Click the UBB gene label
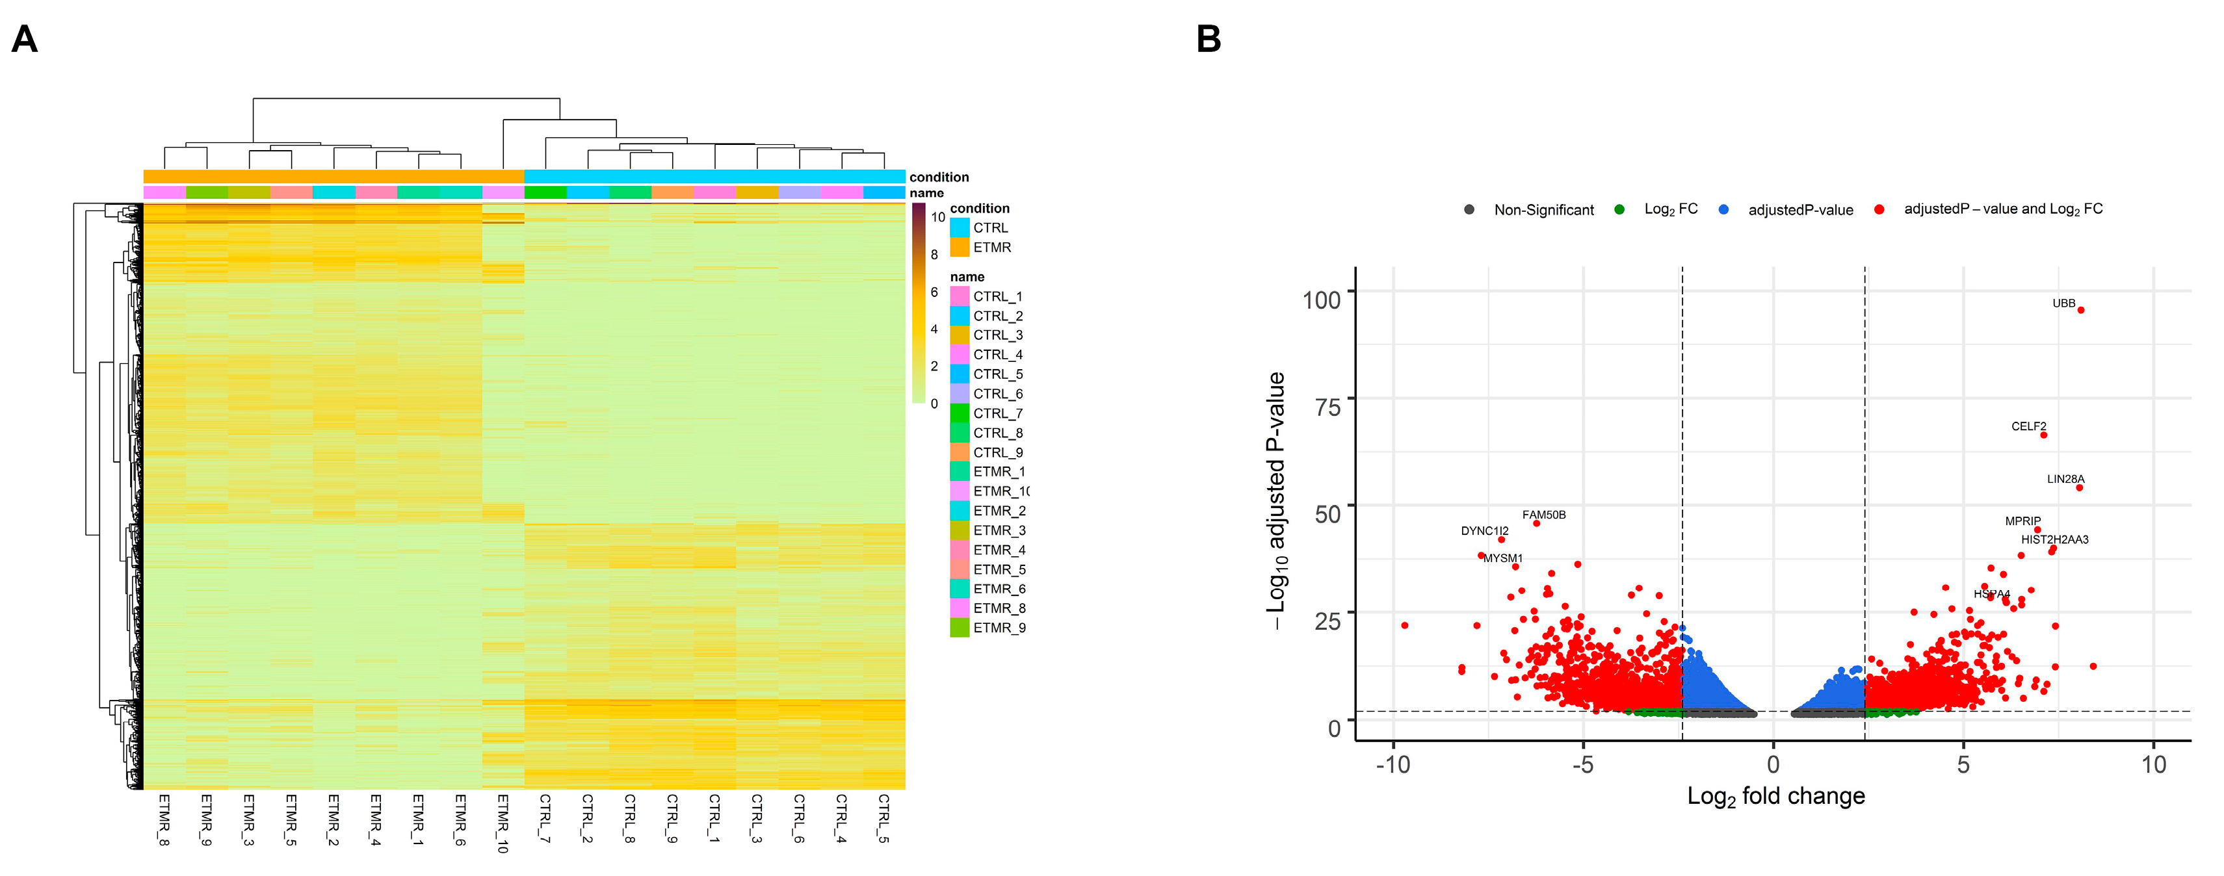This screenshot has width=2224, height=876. tap(2063, 303)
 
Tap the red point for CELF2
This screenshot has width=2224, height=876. tap(2043, 435)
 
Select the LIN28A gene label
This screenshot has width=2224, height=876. tap(2065, 480)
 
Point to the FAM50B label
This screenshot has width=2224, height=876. tap(1544, 515)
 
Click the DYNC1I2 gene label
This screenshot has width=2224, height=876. tap(1484, 532)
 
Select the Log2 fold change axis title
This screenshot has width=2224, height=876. tap(1776, 795)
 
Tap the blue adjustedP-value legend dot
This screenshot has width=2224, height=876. tap(1723, 210)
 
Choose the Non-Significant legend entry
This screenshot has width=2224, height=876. tap(1543, 210)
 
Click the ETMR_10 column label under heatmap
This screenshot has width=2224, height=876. tap(503, 823)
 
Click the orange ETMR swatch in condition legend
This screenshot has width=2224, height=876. tap(959, 248)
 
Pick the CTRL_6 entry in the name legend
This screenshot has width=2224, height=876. tap(997, 394)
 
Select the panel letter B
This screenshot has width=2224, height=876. tap(1209, 39)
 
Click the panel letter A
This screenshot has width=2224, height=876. tap(24, 39)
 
